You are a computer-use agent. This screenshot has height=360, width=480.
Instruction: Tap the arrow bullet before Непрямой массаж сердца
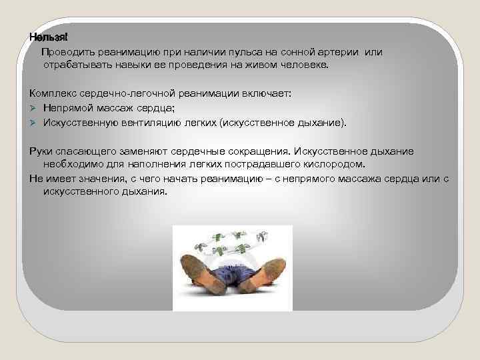tap(34, 109)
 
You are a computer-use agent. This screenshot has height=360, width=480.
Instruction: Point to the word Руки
tap(42, 151)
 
